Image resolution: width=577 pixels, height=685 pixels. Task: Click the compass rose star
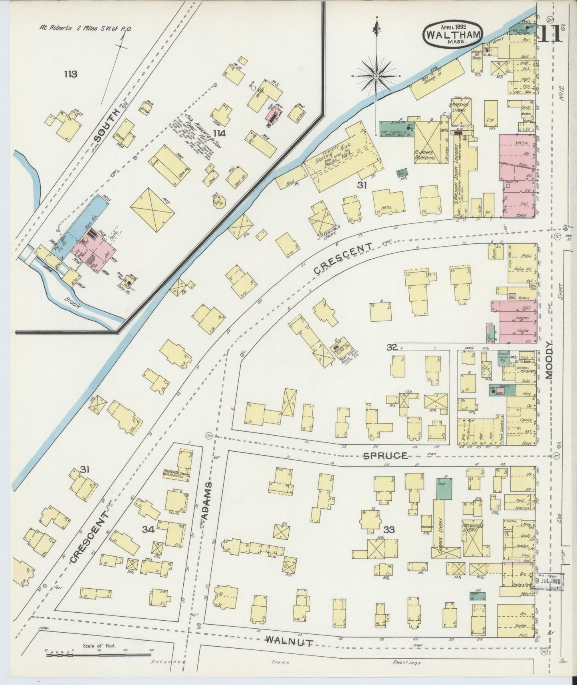376,75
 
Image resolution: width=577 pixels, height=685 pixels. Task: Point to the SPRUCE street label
385,455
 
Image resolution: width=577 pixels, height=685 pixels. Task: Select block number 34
149,530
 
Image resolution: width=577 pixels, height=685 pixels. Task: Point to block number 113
70,74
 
